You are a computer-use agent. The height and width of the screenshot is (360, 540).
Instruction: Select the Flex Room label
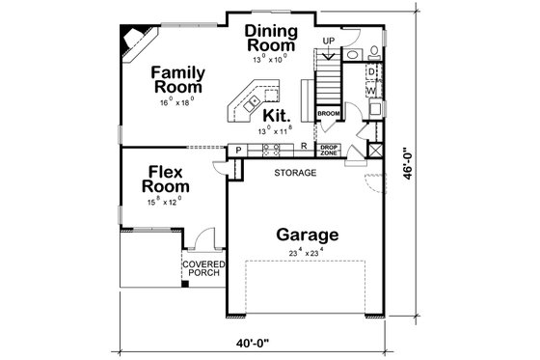pyautogui.click(x=167, y=180)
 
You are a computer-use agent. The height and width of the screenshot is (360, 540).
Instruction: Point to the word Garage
pyautogui.click(x=308, y=235)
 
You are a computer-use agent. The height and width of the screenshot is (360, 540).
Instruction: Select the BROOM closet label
pyautogui.click(x=328, y=111)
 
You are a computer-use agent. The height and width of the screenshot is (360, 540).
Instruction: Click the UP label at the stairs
pyautogui.click(x=329, y=41)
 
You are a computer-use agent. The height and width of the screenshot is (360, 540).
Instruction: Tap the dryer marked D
pyautogui.click(x=371, y=71)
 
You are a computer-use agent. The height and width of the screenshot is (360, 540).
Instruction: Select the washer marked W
pyautogui.click(x=371, y=90)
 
